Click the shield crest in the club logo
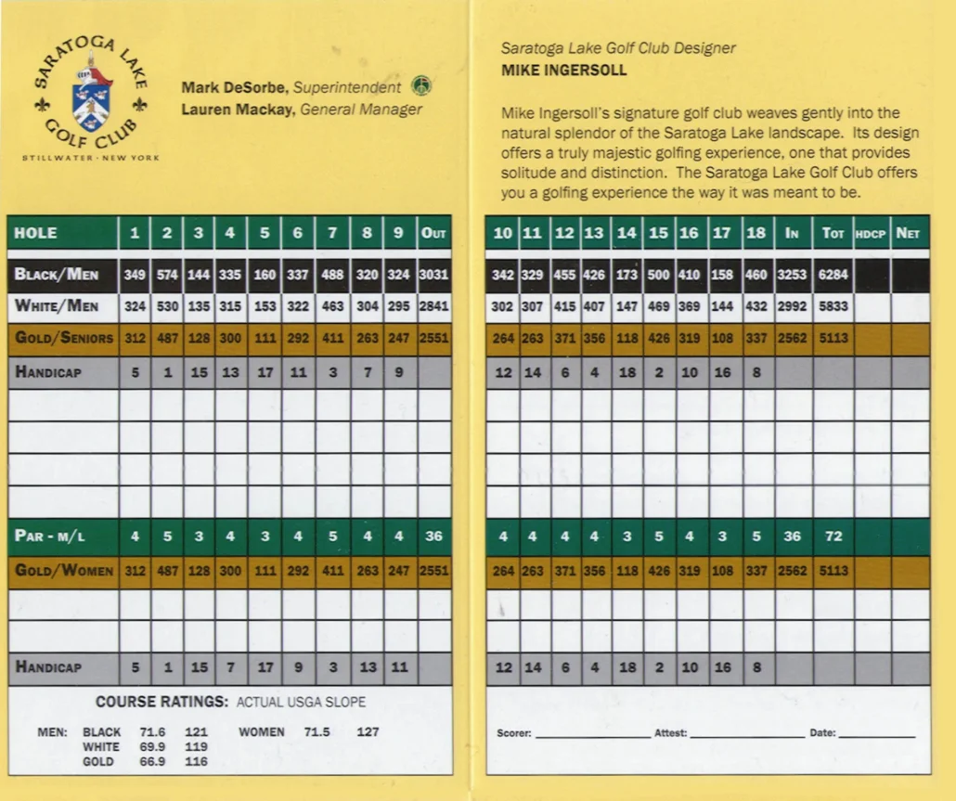[x=91, y=97]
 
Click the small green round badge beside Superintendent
[x=421, y=86]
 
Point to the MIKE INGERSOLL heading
[x=563, y=70]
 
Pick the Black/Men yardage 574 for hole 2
[x=167, y=275]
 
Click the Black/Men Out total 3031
[x=433, y=275]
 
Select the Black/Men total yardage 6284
[x=833, y=275]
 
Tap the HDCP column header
[x=871, y=234]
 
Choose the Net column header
[x=908, y=233]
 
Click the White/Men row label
[x=56, y=306]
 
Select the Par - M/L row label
[x=51, y=536]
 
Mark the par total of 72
[x=833, y=536]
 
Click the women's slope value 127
[x=368, y=731]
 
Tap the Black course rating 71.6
[x=151, y=731]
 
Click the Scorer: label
[x=513, y=733]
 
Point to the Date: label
[x=822, y=733]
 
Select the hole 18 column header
[x=756, y=233]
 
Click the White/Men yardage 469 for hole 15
[x=658, y=306]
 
